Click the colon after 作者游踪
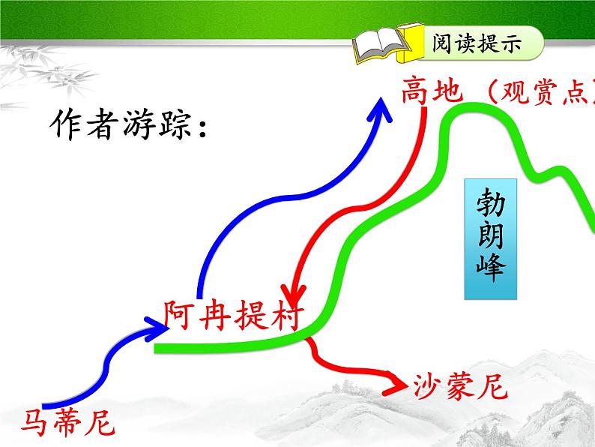click(x=202, y=127)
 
